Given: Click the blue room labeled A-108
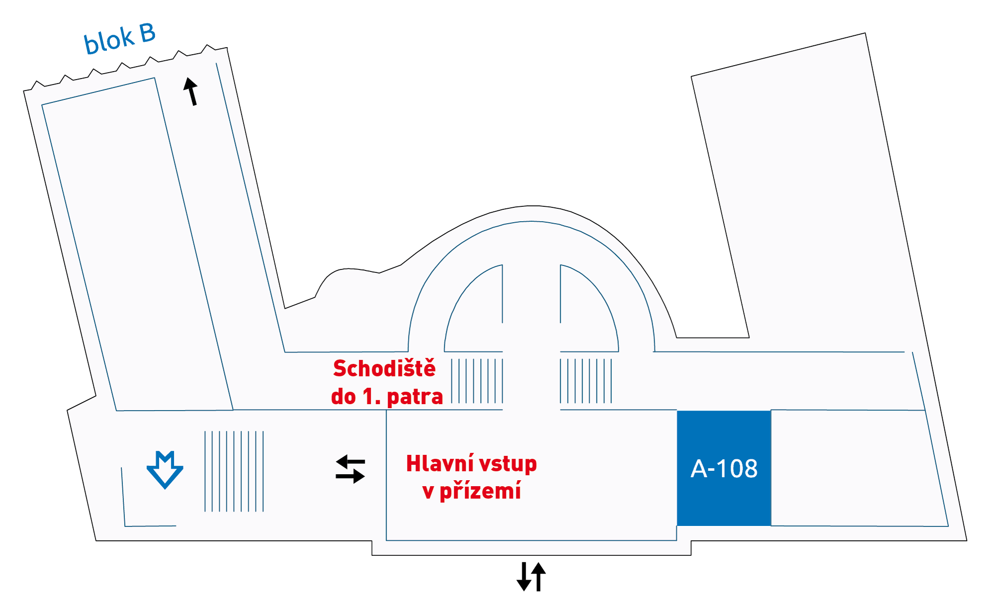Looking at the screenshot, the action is click(724, 468).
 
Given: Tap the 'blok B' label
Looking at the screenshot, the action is click(119, 38).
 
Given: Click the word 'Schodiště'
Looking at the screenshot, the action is click(384, 368).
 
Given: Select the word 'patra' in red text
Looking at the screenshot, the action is click(414, 397).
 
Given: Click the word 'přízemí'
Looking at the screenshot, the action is click(480, 491).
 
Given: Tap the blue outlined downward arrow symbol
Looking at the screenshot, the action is click(165, 470).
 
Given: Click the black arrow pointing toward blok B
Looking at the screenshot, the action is click(191, 91).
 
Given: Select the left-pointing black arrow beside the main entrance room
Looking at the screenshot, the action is click(350, 462).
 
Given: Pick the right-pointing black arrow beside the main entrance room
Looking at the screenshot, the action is click(350, 476).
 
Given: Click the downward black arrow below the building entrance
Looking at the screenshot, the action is click(524, 577).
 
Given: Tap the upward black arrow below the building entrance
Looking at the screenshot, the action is click(539, 577).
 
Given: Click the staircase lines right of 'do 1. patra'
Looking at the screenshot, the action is click(477, 381).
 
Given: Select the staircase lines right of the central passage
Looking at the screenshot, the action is click(586, 381).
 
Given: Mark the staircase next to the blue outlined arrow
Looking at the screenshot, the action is click(234, 471).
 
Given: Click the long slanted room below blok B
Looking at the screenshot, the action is click(138, 244).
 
